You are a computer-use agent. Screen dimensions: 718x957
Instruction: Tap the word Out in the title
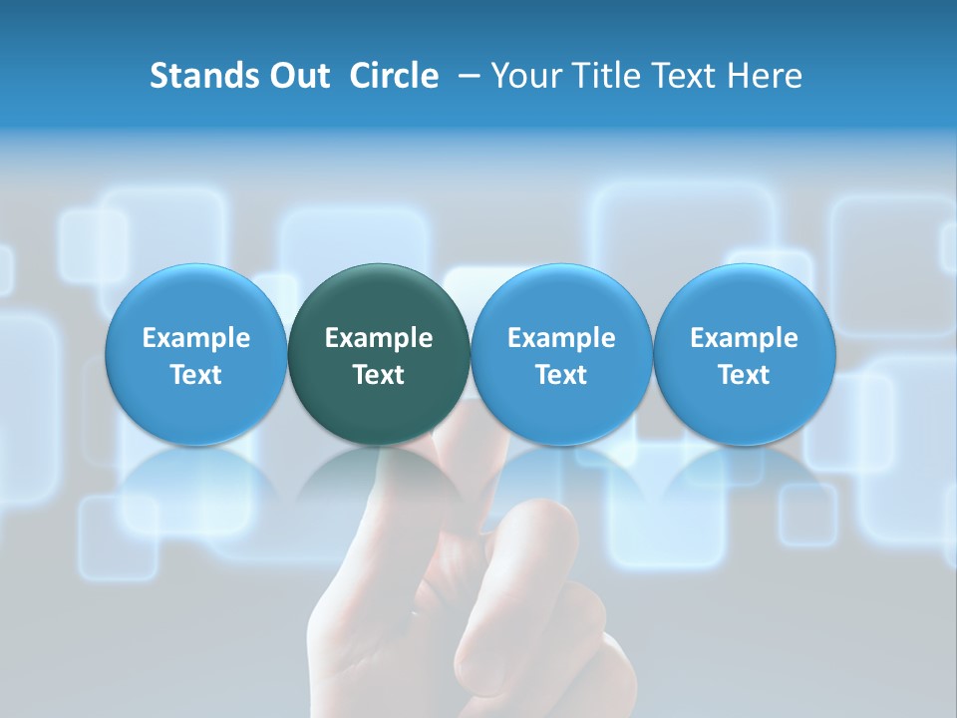tap(298, 76)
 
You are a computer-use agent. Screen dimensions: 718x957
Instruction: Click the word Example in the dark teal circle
tap(379, 338)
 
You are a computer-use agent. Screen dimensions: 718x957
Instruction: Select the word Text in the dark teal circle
tap(379, 375)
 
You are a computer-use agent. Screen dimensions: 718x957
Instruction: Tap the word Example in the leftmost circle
tap(196, 338)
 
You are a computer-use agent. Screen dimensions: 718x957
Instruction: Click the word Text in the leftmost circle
tap(196, 375)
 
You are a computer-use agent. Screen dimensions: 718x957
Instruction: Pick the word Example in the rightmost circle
tap(744, 338)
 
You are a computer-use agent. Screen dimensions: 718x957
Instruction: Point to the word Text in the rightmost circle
tap(744, 375)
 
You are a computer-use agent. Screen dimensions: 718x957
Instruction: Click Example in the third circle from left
tap(561, 338)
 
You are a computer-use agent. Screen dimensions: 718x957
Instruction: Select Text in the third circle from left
tap(561, 375)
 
